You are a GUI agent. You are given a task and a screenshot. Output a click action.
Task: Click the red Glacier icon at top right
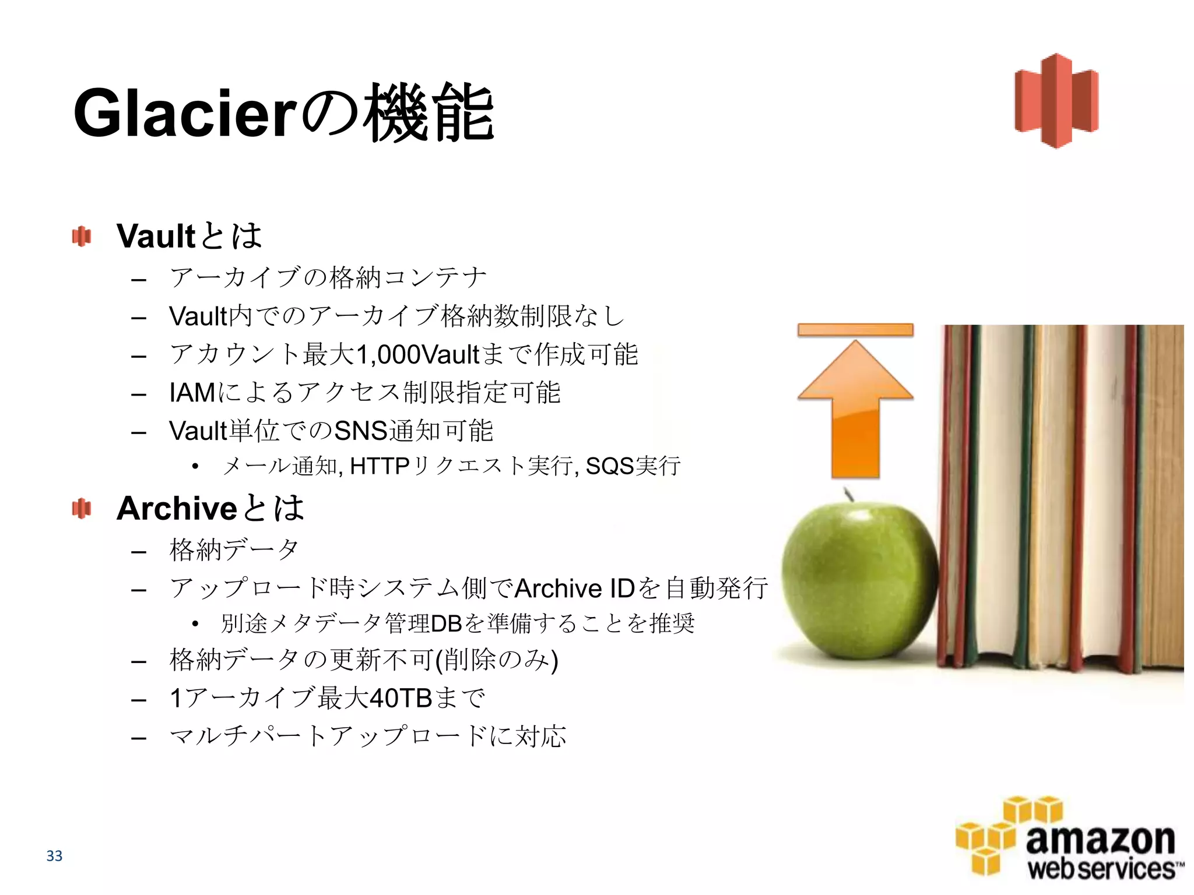tap(1056, 101)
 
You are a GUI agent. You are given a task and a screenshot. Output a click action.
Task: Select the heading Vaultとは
tap(189, 235)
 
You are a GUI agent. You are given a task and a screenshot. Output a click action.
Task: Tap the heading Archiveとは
tap(210, 508)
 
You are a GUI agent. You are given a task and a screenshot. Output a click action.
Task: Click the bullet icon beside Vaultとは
tap(82, 237)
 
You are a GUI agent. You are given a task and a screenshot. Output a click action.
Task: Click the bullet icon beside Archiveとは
tap(82, 509)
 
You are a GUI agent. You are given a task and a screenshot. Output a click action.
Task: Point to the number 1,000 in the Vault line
tap(387, 354)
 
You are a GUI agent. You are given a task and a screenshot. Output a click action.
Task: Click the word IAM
tap(192, 393)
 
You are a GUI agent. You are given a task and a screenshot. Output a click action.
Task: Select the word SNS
tap(361, 431)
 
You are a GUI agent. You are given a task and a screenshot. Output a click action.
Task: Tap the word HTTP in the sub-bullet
tap(380, 466)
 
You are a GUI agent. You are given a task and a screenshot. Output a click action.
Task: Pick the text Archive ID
tap(574, 589)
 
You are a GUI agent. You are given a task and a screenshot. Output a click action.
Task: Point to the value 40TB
tap(401, 698)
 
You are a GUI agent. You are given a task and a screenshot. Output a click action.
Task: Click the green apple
tap(857, 583)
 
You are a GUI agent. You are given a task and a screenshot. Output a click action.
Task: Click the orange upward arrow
tap(855, 408)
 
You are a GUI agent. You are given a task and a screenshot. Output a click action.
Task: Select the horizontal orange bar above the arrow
tap(855, 330)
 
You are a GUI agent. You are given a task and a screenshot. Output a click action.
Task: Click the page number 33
tap(54, 855)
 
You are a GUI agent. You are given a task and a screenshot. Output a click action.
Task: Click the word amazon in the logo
tap(1100, 840)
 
